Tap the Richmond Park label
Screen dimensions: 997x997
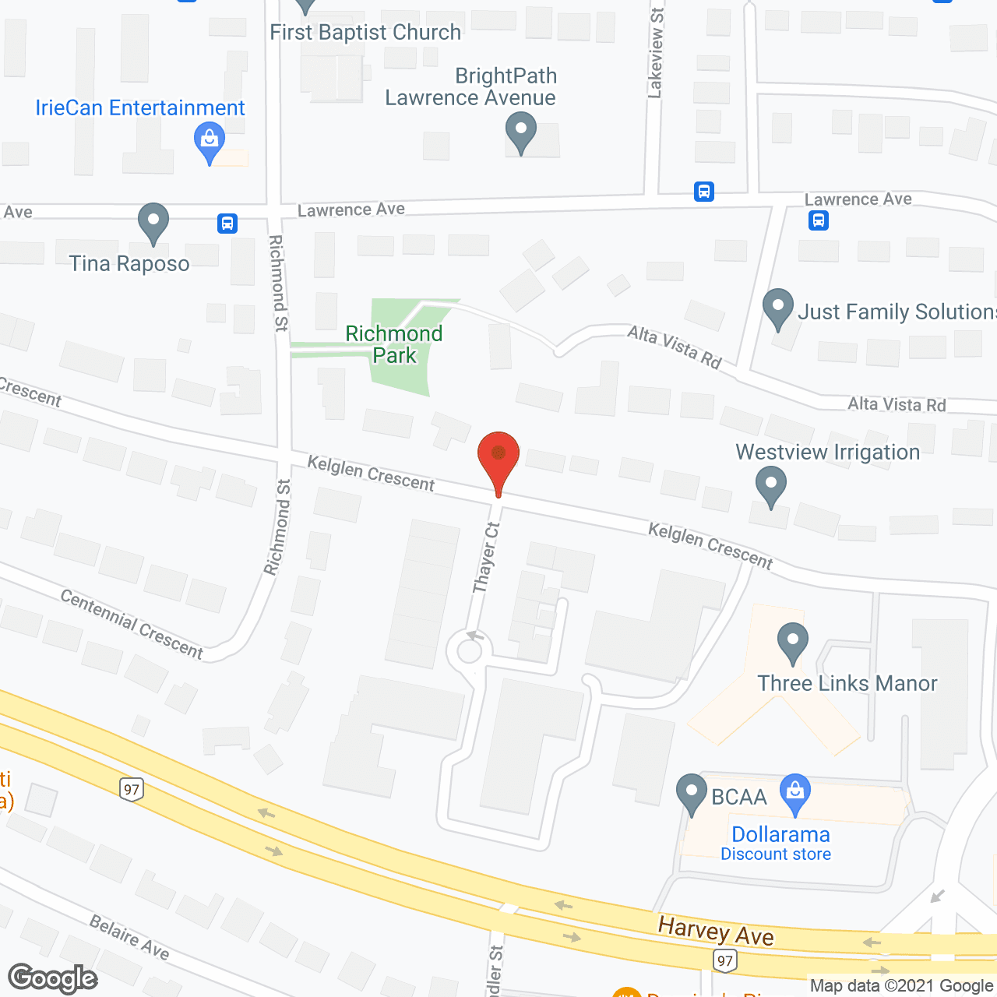394,344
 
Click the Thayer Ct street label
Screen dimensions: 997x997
486,558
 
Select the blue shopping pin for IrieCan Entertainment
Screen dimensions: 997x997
209,141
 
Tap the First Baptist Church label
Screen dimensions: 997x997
365,32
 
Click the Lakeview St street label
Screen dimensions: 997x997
656,53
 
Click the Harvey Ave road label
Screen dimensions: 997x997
716,931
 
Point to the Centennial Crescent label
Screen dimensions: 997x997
132,624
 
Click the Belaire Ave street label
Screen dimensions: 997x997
129,937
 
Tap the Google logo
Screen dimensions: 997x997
53,978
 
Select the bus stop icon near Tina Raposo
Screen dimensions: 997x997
227,224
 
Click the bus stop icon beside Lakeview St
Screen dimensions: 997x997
704,192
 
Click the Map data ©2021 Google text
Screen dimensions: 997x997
901,986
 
